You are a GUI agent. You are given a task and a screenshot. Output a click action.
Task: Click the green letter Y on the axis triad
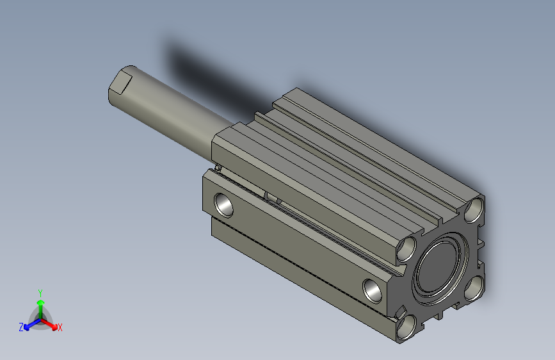[x=40, y=293]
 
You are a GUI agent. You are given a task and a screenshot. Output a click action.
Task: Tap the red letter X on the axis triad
[x=60, y=328]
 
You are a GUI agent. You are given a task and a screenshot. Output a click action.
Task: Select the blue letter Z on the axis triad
[x=21, y=327]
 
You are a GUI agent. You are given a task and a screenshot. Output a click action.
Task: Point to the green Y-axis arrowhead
[x=41, y=303]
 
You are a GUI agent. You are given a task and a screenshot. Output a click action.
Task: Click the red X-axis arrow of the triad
[x=49, y=324]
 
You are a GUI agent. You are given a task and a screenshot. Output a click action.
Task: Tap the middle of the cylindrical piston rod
[x=170, y=113]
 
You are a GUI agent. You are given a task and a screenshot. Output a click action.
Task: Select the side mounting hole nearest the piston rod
[x=223, y=205]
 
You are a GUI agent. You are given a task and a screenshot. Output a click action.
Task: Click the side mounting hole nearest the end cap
[x=373, y=291]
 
